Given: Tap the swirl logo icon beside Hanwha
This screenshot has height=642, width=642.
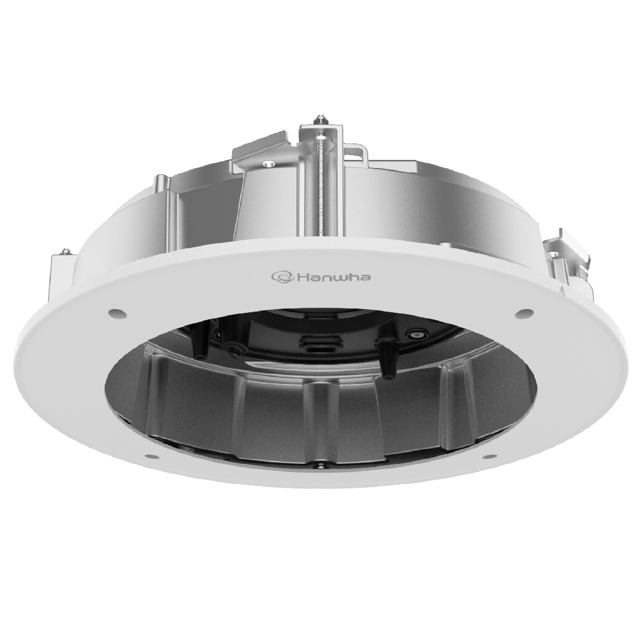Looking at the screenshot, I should (x=281, y=276).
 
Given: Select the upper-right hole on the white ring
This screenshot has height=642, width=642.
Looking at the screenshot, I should (x=520, y=312).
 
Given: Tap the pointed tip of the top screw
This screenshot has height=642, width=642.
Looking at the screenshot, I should (x=322, y=117).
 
